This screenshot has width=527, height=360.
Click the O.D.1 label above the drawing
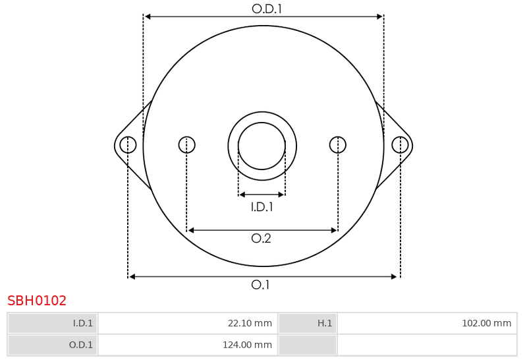pos(267,9)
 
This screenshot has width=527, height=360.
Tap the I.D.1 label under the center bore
pos(262,207)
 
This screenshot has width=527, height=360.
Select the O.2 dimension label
pos(261,239)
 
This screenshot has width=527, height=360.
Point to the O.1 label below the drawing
pos(260,285)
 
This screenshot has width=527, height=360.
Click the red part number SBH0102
pos(37,301)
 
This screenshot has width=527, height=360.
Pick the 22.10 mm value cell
pos(188,323)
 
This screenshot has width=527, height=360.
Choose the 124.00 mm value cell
pos(188,345)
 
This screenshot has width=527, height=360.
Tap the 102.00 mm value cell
pos(427,323)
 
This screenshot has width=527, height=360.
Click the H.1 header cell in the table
pos(307,323)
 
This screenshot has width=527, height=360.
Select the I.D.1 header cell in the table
pos(53,323)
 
